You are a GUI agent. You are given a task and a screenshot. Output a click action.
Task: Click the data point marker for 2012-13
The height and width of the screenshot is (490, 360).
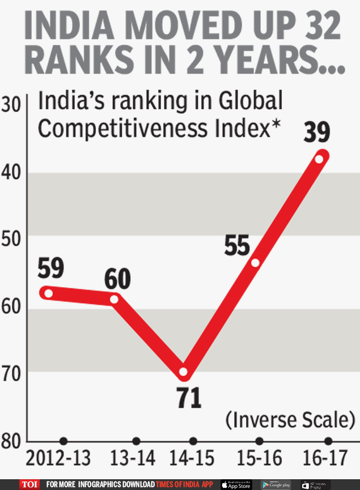tap(49, 293)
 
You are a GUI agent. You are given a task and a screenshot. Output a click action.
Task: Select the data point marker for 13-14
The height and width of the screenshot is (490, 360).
tap(114, 299)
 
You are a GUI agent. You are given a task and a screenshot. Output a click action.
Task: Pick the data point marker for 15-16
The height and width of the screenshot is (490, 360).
tap(255, 262)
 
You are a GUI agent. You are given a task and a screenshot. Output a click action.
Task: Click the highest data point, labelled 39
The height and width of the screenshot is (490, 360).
tap(319, 159)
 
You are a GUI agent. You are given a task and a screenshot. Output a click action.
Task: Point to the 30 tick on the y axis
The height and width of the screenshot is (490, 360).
tap(13, 106)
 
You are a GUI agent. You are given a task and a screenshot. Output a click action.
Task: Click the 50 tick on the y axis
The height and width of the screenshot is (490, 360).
tap(13, 240)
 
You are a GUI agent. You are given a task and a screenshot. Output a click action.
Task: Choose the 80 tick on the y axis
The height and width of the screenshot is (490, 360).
tap(13, 440)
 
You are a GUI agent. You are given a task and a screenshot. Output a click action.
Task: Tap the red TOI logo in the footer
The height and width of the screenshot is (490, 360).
tap(29, 484)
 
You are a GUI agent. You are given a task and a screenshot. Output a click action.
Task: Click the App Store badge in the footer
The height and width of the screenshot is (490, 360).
tap(236, 484)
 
